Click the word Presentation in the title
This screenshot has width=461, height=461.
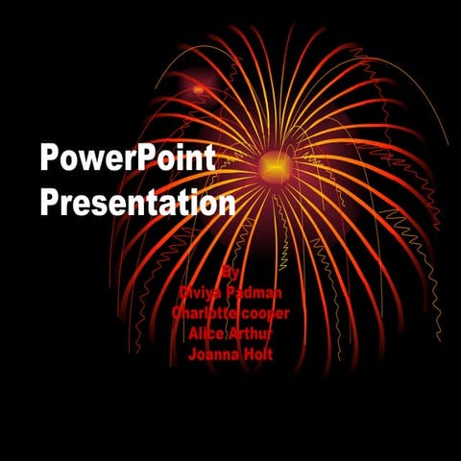[x=137, y=204]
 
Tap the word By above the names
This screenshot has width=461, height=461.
[x=228, y=272]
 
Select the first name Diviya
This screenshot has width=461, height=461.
[x=201, y=292]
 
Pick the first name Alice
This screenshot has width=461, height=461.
[x=205, y=333]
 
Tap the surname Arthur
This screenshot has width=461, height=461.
[x=252, y=333]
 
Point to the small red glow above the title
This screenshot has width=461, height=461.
[x=199, y=89]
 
